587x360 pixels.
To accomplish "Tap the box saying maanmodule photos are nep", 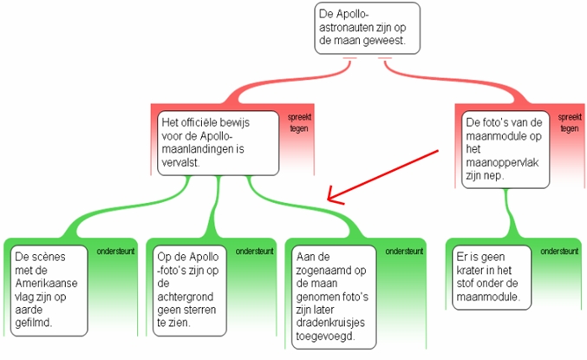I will coord(505,149).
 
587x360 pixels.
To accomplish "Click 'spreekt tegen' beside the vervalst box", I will coord(300,123).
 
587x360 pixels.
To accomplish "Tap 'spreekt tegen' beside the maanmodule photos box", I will coord(569,123).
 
